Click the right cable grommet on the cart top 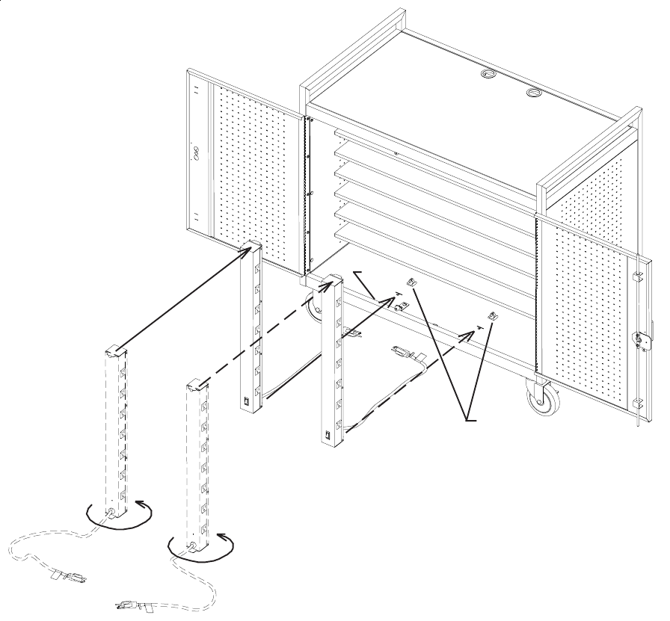click(x=534, y=93)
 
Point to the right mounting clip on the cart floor click(x=493, y=316)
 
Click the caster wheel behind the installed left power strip click(x=315, y=308)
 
